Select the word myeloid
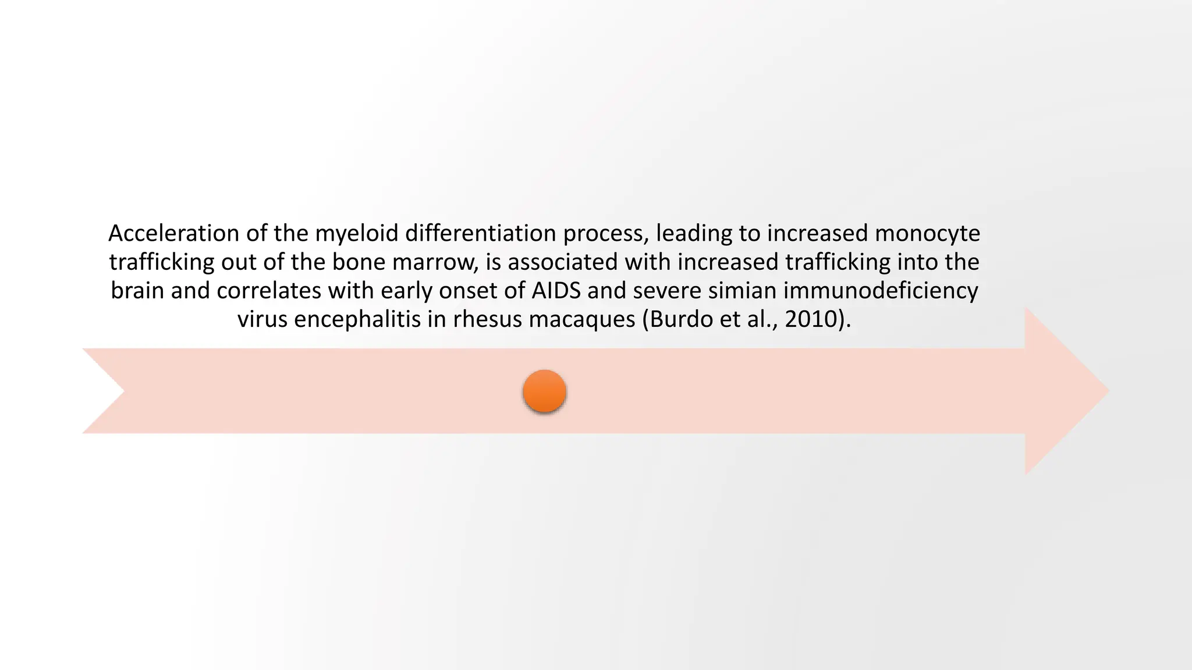[357, 233]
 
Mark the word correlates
[269, 290]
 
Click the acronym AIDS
[556, 290]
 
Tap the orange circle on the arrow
[545, 391]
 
